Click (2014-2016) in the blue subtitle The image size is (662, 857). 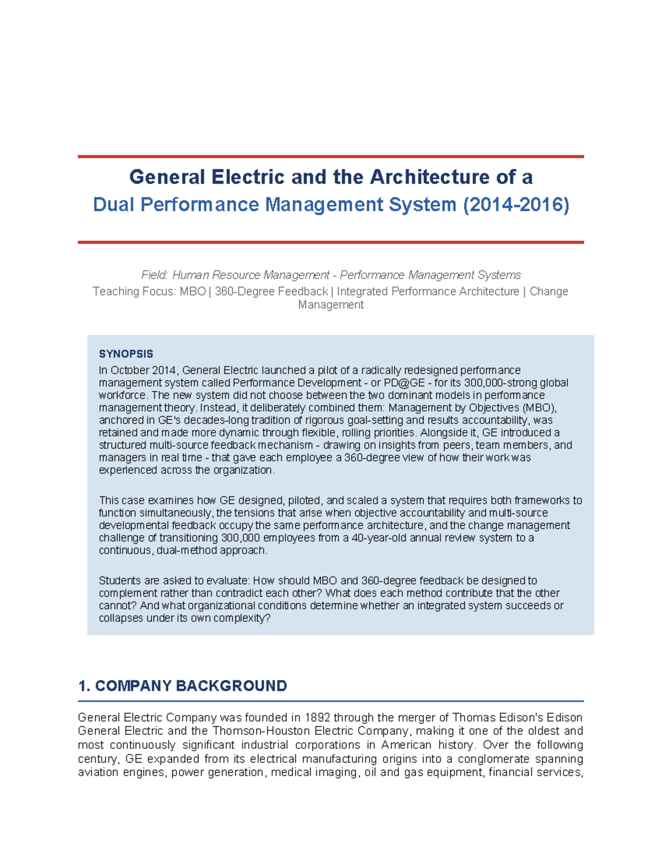516,205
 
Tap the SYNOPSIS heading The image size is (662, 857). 126,354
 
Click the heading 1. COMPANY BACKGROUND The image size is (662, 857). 183,686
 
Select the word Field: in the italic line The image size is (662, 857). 154,275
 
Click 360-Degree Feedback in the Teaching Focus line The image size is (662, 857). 271,291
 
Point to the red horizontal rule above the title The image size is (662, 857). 331,157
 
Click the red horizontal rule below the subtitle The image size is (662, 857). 331,242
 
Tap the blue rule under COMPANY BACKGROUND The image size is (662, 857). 331,701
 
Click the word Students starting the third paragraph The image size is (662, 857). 118,581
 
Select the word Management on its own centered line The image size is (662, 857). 330,305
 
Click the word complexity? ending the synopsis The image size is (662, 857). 243,618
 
